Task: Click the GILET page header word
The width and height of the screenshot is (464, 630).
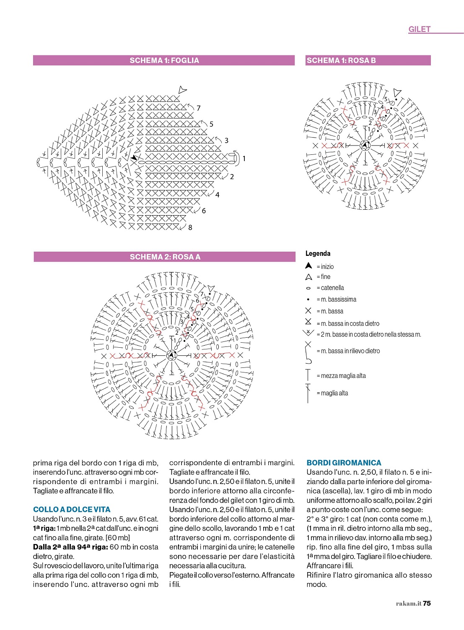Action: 419,29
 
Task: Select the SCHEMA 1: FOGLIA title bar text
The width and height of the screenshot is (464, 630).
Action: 164,60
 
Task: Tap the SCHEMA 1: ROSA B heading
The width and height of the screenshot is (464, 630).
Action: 341,60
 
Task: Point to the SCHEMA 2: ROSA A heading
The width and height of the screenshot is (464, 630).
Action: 165,257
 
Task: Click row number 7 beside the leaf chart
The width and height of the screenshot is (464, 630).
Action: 199,108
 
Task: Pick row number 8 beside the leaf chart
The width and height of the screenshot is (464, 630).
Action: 190,227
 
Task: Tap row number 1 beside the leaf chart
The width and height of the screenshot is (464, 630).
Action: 244,159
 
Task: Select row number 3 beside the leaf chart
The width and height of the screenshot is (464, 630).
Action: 226,141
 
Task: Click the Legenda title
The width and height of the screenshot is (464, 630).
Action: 318,253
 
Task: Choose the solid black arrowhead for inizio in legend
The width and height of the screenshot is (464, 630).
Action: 308,266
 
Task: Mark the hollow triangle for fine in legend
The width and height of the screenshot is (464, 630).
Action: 308,277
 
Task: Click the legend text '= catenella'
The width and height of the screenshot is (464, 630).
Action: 330,288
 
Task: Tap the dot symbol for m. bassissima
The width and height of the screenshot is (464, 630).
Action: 308,299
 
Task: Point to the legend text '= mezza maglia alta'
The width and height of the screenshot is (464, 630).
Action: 341,376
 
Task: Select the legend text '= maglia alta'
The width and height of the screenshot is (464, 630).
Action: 332,393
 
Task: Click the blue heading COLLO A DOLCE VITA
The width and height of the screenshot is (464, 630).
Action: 72,509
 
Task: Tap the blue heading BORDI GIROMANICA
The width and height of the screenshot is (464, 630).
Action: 344,463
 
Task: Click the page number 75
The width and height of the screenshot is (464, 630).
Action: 427,603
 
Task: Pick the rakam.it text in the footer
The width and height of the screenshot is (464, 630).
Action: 408,604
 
